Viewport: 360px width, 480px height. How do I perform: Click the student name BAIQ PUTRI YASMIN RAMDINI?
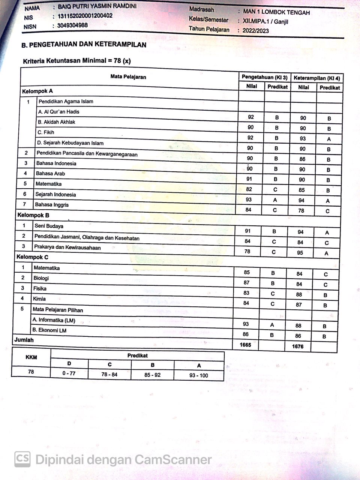point(97,7)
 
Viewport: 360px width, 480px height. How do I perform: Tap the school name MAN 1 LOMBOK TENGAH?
point(276,12)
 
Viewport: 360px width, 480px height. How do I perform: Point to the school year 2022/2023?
point(255,31)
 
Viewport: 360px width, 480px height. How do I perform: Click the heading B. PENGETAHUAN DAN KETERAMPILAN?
point(84,45)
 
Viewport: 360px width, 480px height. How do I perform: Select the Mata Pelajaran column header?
point(128,77)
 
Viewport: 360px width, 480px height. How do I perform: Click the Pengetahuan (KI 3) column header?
point(264,77)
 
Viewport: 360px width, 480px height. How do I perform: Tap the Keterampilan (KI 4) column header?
point(316,78)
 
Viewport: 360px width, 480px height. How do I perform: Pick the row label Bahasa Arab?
point(50,174)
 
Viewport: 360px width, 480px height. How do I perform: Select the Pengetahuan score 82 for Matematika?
point(249,189)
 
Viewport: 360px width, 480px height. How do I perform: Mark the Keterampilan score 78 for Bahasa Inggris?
point(301,211)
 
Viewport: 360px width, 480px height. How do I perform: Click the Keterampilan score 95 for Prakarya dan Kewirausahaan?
point(300,253)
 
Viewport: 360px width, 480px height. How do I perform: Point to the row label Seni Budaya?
point(49,226)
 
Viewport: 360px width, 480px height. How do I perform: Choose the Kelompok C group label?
point(32,257)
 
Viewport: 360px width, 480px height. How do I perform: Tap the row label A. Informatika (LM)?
point(54,320)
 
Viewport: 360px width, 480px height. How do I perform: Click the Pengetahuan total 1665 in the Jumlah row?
point(245,345)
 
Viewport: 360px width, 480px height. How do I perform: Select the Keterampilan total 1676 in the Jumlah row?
point(298,346)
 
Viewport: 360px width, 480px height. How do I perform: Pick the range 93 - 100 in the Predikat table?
point(199,375)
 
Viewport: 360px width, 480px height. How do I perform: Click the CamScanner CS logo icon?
point(22,459)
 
